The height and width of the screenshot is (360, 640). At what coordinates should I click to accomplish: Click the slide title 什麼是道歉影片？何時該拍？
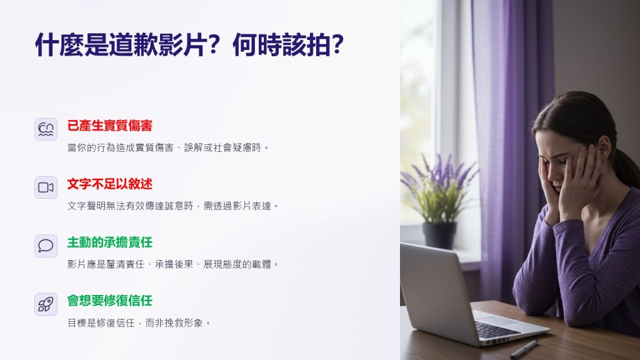189,44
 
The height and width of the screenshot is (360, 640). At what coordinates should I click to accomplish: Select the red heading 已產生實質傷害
110,126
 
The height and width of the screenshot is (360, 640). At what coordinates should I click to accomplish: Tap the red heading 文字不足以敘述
110,184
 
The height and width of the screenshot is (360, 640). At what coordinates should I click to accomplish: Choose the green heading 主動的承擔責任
110,242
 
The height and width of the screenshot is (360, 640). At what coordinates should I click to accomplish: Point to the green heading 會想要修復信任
110,301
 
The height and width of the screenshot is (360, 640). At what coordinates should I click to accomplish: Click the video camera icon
46,187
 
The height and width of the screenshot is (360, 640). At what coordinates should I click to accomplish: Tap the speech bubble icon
46,246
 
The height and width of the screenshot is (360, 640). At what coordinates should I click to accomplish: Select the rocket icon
46,304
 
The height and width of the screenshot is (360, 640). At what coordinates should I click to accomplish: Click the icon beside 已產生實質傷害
46,129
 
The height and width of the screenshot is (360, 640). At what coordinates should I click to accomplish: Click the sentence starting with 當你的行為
168,147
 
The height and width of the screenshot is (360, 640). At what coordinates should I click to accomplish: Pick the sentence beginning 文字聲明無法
173,206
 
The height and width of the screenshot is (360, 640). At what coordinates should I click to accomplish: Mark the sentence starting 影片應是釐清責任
173,264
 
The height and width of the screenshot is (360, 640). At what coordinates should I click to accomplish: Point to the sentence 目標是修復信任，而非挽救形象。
139,323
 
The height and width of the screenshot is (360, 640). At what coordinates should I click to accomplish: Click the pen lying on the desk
524,349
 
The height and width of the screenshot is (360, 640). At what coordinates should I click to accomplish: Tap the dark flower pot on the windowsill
439,236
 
